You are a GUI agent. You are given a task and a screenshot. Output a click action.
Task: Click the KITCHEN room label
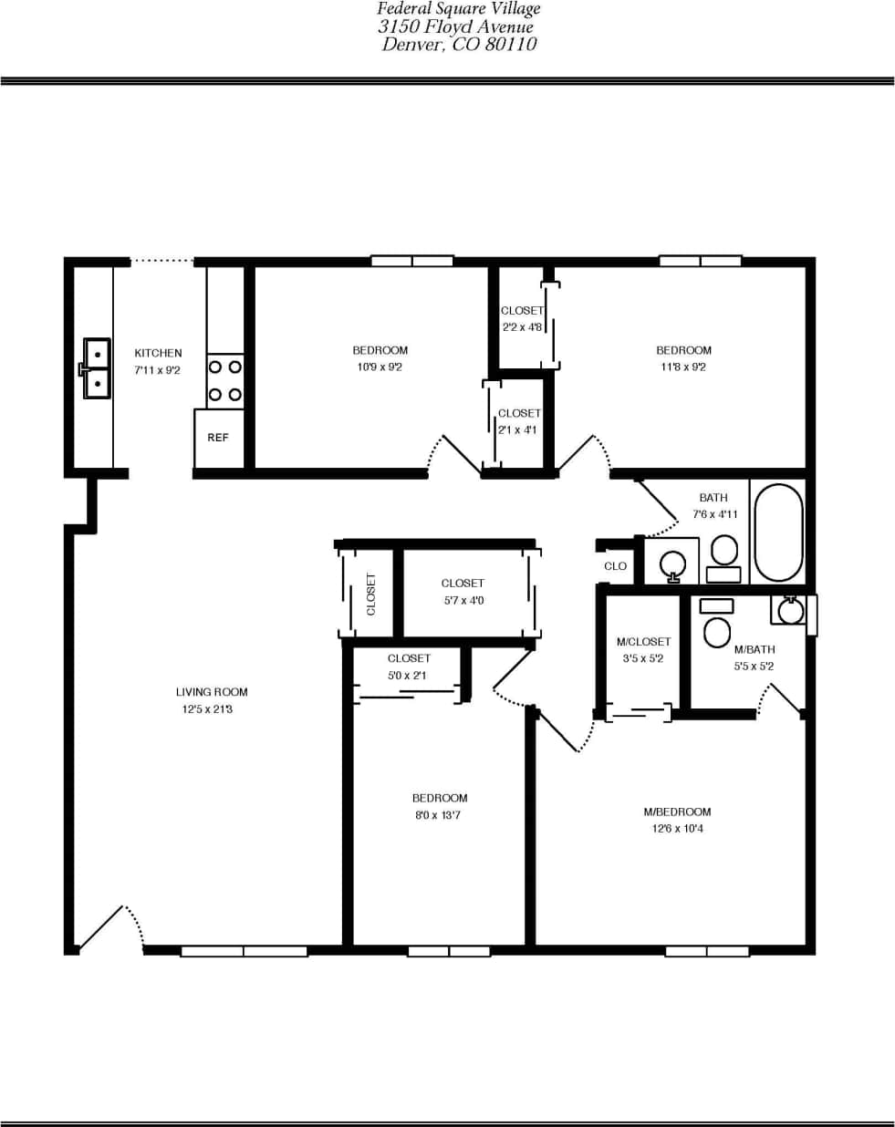tap(158, 353)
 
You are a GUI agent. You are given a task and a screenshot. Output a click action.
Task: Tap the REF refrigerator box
tap(218, 438)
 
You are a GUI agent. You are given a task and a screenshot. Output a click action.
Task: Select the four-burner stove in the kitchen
tap(225, 380)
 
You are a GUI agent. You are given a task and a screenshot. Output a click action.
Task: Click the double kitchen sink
tap(95, 368)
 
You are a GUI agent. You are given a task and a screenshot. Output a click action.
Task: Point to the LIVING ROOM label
tap(212, 692)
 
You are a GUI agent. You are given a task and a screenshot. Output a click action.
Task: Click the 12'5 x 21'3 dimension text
tap(207, 709)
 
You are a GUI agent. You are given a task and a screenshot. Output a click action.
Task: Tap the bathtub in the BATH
tap(778, 532)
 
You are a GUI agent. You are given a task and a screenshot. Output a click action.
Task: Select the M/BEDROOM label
tap(677, 812)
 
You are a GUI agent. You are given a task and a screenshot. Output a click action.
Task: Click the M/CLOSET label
tap(643, 642)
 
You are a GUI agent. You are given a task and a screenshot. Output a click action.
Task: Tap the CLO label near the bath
tap(616, 566)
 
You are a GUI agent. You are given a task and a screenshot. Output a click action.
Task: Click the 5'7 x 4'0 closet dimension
tap(463, 601)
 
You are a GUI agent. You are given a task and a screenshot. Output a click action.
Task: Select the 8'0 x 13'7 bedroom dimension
tap(438, 815)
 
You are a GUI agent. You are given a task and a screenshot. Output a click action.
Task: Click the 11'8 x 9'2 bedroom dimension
tap(683, 367)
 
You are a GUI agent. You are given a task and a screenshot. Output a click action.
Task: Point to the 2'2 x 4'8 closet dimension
tap(522, 327)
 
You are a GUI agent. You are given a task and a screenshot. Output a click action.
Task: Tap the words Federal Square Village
tap(459, 9)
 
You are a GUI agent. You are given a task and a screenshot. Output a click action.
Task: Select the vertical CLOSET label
tap(370, 594)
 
